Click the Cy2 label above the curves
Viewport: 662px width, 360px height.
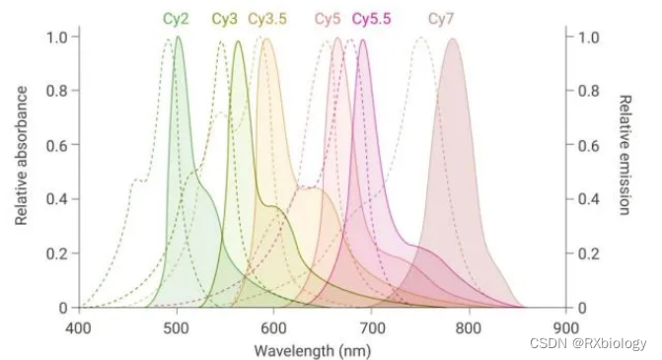point(178,19)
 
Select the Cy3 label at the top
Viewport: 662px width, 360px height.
point(224,19)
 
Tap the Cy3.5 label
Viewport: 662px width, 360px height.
point(268,19)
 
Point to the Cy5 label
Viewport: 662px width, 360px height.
point(328,19)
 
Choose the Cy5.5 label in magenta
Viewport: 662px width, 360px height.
point(373,19)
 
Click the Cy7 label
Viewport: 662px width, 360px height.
point(441,19)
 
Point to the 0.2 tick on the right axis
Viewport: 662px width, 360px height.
point(590,253)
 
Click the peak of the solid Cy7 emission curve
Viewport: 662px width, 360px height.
point(453,39)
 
